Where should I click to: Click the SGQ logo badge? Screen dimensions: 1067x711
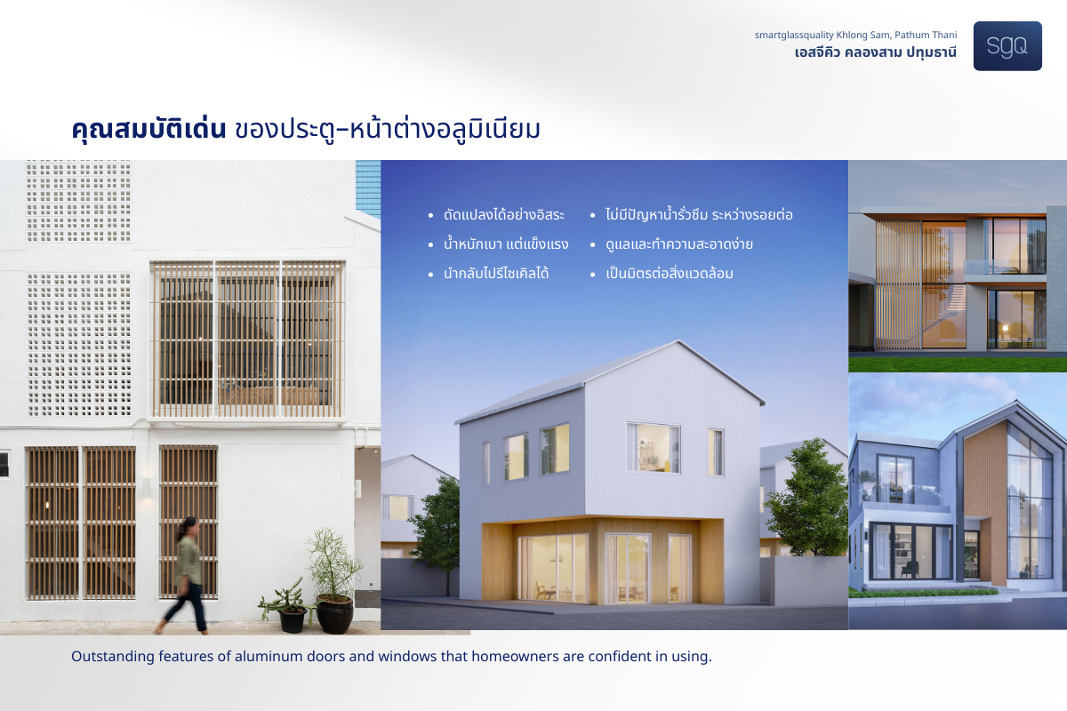coord(1007,46)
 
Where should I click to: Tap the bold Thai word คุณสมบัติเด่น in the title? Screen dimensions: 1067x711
coord(148,129)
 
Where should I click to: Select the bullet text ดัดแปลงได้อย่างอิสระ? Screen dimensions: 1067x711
coord(504,215)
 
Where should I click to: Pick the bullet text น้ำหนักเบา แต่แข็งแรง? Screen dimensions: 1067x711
coord(506,244)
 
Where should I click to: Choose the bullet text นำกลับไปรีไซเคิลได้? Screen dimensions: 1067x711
coord(496,274)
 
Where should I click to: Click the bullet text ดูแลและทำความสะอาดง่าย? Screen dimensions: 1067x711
coord(679,244)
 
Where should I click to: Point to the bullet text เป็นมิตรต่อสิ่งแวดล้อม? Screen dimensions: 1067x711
coord(670,274)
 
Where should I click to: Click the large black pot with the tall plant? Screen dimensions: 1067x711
coord(335,614)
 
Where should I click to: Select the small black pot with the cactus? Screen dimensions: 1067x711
coord(293,621)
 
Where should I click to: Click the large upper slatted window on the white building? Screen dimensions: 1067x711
coord(248,340)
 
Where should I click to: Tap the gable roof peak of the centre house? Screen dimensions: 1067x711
coord(678,341)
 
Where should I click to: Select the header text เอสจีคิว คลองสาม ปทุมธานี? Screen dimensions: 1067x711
coord(876,52)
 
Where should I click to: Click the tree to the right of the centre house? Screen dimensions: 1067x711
coord(804,499)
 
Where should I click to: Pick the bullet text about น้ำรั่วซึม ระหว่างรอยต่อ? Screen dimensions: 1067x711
coord(699,214)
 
